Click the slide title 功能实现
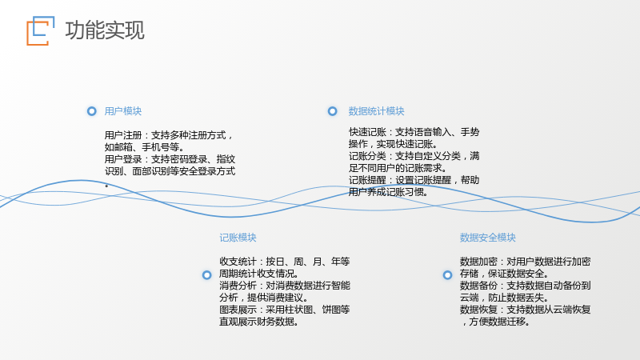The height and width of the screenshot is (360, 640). point(105,30)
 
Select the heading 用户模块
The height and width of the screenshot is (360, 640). point(123,111)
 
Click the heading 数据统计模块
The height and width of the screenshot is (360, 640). point(376,111)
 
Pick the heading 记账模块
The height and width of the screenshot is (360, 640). point(238,238)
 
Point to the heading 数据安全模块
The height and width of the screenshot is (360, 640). point(488,238)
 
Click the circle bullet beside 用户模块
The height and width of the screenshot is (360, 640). point(92,111)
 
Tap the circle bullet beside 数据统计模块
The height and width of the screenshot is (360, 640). point(333,111)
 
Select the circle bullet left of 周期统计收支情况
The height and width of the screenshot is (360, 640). point(207,275)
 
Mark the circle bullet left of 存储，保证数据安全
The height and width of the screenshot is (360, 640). point(448,275)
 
